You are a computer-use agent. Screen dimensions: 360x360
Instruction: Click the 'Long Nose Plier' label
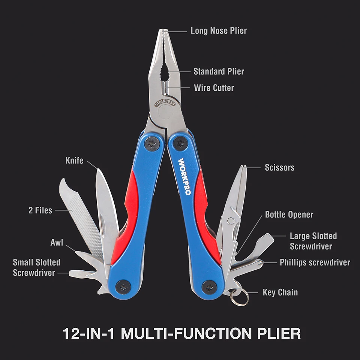219,31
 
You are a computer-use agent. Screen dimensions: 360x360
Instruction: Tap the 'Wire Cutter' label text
214,88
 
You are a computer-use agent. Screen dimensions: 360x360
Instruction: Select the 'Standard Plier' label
219,71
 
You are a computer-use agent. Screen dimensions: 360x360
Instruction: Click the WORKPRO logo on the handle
184,176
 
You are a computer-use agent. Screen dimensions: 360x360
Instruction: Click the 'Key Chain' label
280,292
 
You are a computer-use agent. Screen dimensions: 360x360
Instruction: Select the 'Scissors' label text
279,168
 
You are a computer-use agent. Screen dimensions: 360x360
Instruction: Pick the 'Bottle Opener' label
289,214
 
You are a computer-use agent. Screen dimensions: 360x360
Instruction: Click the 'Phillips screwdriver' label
315,262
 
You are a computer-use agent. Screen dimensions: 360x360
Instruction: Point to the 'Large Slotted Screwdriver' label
313,241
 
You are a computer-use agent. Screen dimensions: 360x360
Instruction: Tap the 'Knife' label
74,160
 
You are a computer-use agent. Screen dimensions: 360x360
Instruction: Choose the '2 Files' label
40,210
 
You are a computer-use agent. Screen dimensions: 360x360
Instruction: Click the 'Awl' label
57,242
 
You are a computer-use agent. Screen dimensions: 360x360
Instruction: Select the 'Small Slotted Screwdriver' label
36,267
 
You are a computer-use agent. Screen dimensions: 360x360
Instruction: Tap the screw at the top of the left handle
152,143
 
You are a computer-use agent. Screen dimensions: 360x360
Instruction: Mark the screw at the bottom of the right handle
209,287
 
